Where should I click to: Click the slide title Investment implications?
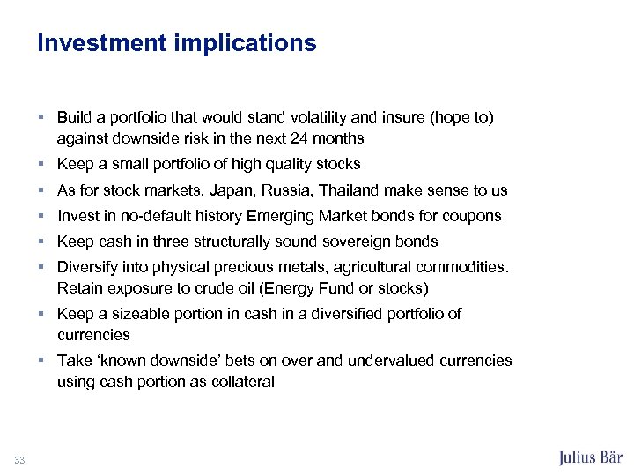click(x=176, y=43)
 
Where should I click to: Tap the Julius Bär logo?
click(x=591, y=457)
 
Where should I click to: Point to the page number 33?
click(x=19, y=458)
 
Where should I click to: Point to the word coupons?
click(x=474, y=216)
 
